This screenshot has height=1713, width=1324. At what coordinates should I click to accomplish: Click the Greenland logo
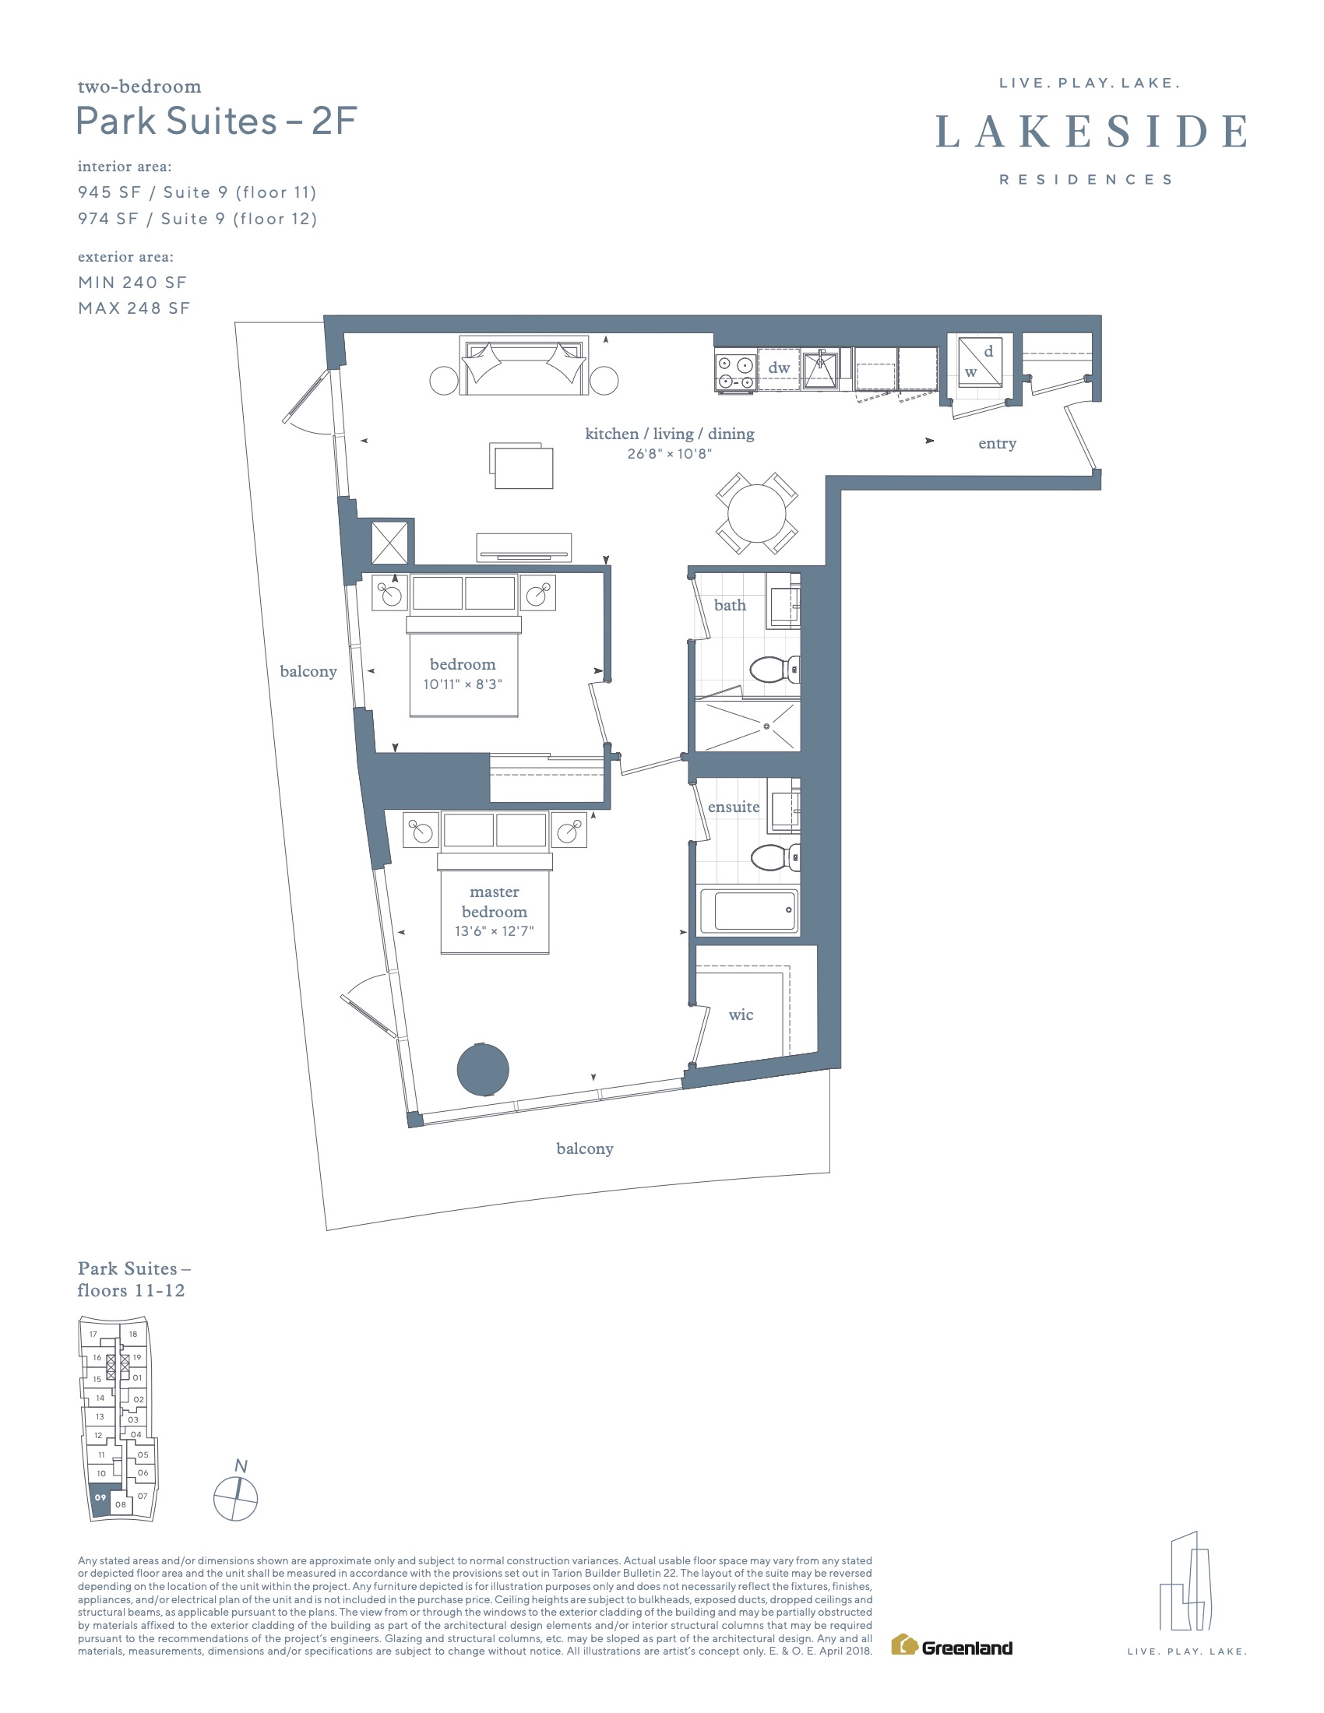pyautogui.click(x=952, y=1644)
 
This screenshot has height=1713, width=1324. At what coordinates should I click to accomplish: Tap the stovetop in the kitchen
pyautogui.click(x=735, y=371)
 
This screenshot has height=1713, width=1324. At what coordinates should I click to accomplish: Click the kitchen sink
pyautogui.click(x=820, y=368)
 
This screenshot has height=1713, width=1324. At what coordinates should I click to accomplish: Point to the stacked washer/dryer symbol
pyautogui.click(x=980, y=361)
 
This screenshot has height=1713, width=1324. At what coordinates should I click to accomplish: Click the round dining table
pyautogui.click(x=757, y=514)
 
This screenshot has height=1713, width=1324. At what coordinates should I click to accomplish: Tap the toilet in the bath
pyautogui.click(x=775, y=669)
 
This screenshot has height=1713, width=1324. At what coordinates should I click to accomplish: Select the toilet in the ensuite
pyautogui.click(x=775, y=857)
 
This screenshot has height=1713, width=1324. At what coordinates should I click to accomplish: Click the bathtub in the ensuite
pyautogui.click(x=749, y=911)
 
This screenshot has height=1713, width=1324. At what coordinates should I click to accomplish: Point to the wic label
pyautogui.click(x=741, y=1015)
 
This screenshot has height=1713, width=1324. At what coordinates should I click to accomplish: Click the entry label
pyautogui.click(x=997, y=444)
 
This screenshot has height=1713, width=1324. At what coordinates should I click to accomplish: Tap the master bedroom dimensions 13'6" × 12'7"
pyautogui.click(x=494, y=931)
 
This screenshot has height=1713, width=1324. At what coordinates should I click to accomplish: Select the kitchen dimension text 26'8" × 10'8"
pyautogui.click(x=669, y=453)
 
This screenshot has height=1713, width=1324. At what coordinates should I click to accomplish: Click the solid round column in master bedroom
pyautogui.click(x=483, y=1069)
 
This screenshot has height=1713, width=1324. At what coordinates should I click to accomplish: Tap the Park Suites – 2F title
pyautogui.click(x=217, y=121)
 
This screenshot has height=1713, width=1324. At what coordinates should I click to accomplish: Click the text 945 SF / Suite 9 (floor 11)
pyautogui.click(x=197, y=193)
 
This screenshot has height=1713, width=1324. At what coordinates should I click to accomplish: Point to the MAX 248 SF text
pyautogui.click(x=134, y=308)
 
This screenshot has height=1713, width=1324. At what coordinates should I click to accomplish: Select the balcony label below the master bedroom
pyautogui.click(x=584, y=1149)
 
